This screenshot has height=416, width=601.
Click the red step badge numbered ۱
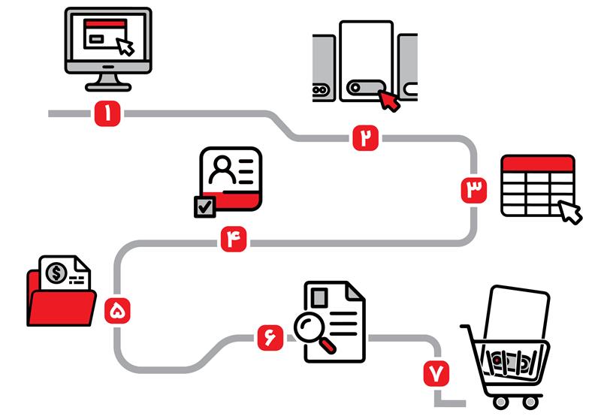click(108, 114)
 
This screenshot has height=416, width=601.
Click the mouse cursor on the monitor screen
click(125, 46)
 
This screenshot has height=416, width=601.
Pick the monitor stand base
click(108, 86)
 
